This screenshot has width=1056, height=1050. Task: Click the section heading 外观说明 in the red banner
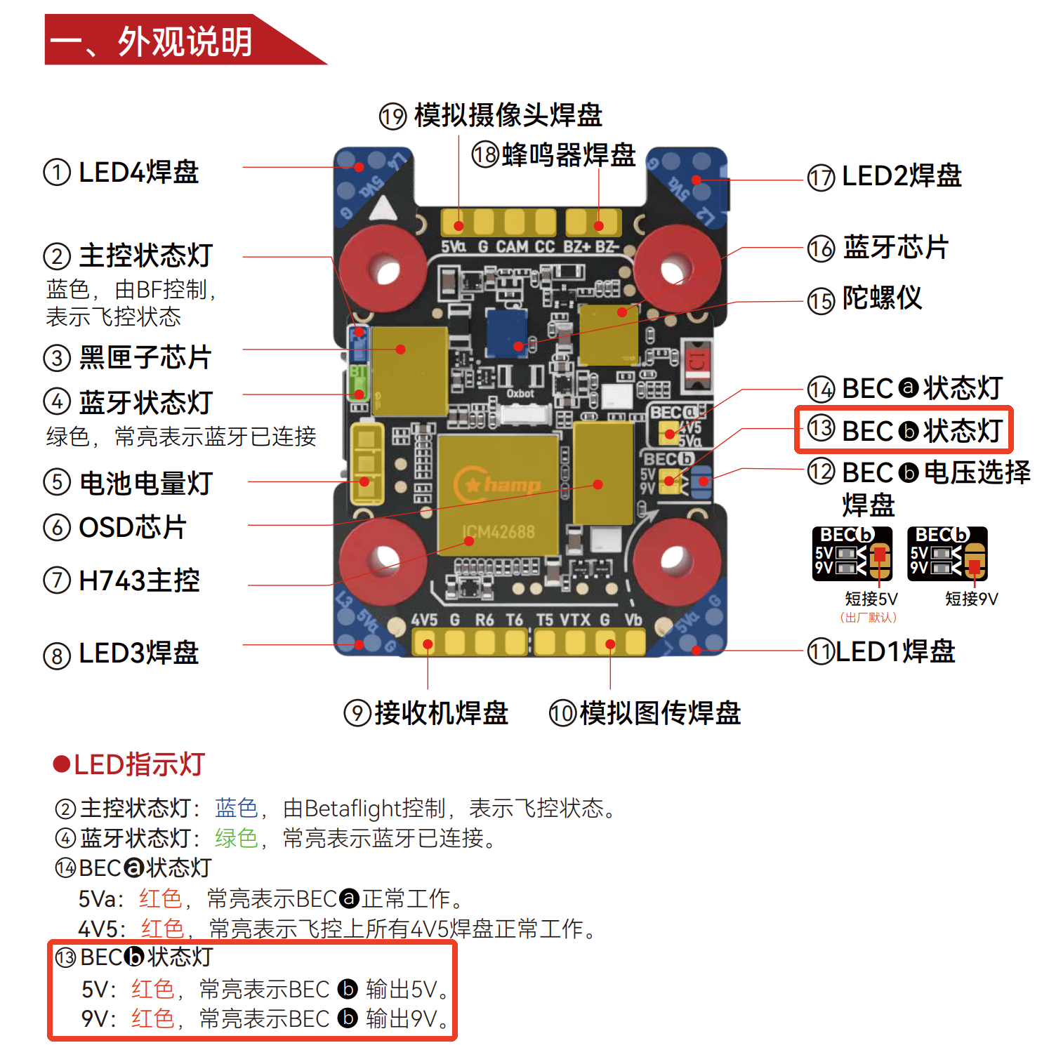pos(185,41)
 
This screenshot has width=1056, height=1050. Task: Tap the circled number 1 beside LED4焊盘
pos(57,172)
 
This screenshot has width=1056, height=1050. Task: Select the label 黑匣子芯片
pos(145,357)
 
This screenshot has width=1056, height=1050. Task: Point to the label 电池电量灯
pos(145,483)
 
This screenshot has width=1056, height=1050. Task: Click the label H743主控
pos(139,580)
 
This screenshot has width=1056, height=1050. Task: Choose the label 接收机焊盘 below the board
pos(441,712)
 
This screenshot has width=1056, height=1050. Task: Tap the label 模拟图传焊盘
pos(660,712)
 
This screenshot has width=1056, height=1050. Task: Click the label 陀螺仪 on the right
pos(882,298)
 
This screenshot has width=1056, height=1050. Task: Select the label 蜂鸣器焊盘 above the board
pos(569,154)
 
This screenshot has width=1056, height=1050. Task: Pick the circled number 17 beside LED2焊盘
pos(821,178)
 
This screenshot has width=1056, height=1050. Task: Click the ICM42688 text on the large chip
pos(498,532)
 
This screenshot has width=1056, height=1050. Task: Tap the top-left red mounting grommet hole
pos(384,269)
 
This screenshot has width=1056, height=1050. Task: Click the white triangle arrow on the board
pos(383,208)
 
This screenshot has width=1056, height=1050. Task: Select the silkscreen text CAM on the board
pos(512,246)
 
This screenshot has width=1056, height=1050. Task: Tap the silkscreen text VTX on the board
pos(574,620)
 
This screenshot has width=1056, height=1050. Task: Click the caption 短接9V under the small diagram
pos(971,599)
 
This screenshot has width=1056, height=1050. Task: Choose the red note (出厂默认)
pos(868,618)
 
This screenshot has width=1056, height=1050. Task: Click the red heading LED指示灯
pos(138,764)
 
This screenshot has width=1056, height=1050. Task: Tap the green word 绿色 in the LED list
pos(237,838)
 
